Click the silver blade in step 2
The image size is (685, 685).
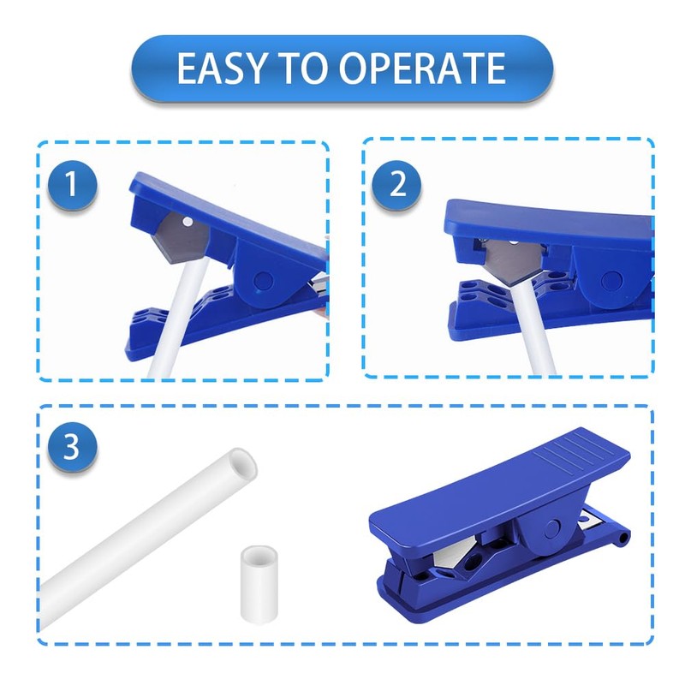512,256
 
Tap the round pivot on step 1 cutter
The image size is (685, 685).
264,280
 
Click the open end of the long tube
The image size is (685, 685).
239,466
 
